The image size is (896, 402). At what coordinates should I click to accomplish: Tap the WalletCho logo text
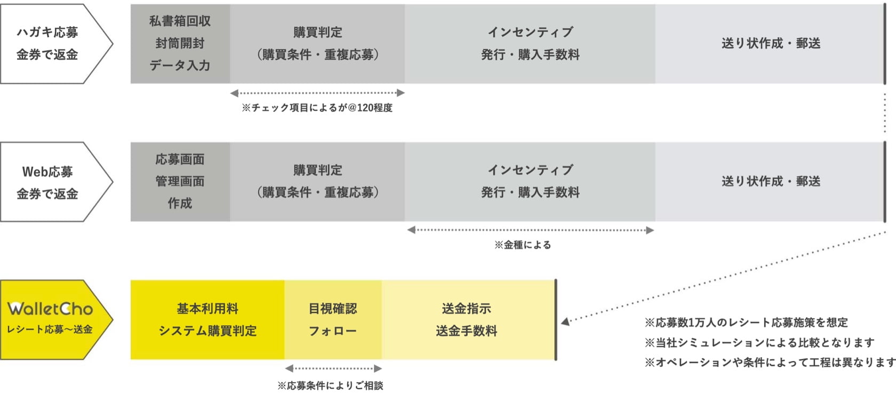[50, 309]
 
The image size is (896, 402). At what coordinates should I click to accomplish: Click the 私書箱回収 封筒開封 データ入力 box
[180, 44]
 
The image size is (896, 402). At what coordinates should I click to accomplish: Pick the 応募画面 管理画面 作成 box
[180, 181]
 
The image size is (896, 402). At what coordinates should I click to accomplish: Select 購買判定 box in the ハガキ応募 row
[317, 44]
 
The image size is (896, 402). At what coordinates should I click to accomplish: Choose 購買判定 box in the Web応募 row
[317, 181]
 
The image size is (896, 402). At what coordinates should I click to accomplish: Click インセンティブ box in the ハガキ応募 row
[530, 44]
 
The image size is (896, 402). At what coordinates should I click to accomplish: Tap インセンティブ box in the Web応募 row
[530, 181]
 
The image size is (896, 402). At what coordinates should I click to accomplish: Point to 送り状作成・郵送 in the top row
[770, 44]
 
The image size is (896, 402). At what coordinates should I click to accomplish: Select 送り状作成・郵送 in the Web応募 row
[770, 181]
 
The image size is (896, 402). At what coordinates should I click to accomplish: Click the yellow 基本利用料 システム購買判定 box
[207, 320]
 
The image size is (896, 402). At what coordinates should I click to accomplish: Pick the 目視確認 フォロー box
[333, 320]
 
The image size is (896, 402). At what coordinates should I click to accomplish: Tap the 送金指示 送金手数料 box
[467, 320]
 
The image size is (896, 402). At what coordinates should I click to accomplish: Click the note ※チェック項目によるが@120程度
[317, 108]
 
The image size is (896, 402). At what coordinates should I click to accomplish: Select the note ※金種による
[523, 245]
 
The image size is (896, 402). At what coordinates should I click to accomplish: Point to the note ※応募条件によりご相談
[330, 385]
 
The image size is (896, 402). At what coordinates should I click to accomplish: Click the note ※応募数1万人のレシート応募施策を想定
[746, 323]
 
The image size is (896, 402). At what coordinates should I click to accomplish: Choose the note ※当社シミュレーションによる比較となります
[759, 342]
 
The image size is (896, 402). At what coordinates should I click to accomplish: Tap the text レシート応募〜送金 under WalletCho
[50, 329]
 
